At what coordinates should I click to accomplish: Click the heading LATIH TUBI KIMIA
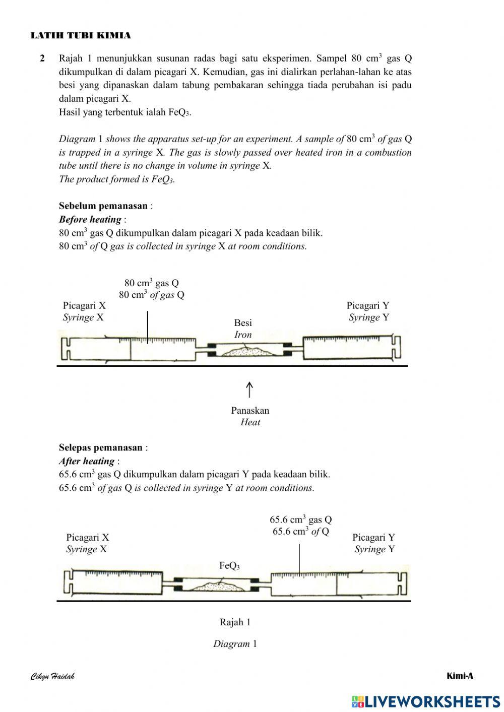[81, 35]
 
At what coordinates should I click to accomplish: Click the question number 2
[42, 58]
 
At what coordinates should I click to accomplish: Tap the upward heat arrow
[249, 390]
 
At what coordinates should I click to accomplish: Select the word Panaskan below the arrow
[250, 410]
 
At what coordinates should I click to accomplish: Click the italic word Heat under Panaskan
[250, 422]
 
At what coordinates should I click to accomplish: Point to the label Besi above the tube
[243, 322]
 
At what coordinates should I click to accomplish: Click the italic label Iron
[243, 335]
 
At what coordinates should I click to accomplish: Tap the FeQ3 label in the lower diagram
[229, 566]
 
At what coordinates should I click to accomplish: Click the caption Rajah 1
[235, 622]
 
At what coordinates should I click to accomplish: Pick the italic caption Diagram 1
[235, 644]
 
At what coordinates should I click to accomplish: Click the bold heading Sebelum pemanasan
[103, 206]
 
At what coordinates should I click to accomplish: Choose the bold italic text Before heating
[90, 219]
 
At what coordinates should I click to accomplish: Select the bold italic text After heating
[87, 461]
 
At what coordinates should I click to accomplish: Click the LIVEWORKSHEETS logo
[426, 701]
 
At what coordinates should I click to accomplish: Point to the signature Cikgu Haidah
[52, 676]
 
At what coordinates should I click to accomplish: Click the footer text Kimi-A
[460, 676]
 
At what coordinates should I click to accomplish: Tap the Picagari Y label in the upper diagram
[368, 305]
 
